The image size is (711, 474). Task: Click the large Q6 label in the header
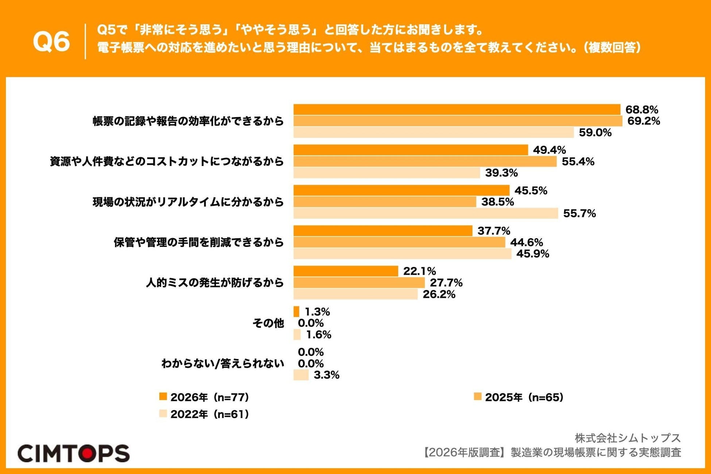point(51,41)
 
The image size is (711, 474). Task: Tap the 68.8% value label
point(642,109)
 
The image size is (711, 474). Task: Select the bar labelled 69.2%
point(458,121)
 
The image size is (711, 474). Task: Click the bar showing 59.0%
point(434,132)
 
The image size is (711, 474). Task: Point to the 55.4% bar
point(425,162)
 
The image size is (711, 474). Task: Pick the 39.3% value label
point(501,173)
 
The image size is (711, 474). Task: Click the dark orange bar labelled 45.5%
point(401,190)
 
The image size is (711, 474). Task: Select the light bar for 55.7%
point(426,213)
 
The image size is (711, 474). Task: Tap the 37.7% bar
point(383,231)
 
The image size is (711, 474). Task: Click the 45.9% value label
point(533,254)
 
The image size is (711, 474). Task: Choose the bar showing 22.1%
point(346,271)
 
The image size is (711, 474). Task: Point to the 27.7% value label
point(446,283)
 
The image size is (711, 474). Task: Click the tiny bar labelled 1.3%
point(296,312)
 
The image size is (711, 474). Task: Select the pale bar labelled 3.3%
point(301,375)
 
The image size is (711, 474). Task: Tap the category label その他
point(268,323)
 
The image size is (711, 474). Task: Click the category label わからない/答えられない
point(222,364)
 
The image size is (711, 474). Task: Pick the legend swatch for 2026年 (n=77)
point(163,396)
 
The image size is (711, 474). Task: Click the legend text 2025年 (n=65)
point(524,397)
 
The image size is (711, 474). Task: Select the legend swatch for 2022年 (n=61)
point(163,413)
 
